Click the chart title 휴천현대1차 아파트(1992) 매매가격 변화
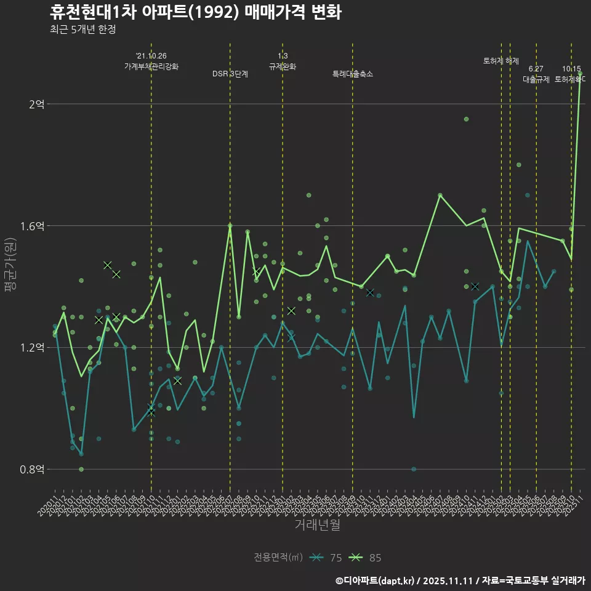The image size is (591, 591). click(195, 12)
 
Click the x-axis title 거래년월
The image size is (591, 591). click(317, 525)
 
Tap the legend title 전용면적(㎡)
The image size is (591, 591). click(278, 558)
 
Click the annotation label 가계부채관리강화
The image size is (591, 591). click(151, 66)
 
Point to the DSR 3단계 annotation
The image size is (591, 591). click(230, 74)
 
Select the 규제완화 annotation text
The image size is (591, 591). click(283, 66)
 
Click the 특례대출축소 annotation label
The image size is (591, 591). click(353, 74)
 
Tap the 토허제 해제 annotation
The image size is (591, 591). click(501, 61)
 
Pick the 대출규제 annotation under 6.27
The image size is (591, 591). click(536, 79)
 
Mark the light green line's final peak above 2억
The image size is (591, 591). click(580, 74)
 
